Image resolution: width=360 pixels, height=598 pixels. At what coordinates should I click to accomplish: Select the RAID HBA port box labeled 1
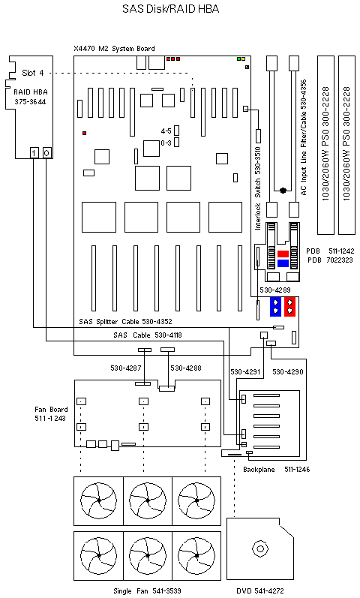point(34,152)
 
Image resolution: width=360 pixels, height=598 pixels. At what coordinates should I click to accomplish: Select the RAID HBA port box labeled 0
point(46,152)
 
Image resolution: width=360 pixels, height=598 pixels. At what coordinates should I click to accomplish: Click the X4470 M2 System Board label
point(114,49)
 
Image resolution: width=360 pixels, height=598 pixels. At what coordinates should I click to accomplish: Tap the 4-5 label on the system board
point(166,131)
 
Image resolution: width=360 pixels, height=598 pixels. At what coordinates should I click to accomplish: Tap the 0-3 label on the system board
point(166,142)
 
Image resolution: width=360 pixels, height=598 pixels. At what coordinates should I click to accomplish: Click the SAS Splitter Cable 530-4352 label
point(130,322)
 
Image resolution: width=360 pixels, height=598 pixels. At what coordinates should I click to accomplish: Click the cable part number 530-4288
point(186,368)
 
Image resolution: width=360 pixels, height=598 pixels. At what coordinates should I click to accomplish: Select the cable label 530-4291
point(245,371)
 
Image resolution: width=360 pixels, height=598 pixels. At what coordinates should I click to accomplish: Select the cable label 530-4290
point(287,371)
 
